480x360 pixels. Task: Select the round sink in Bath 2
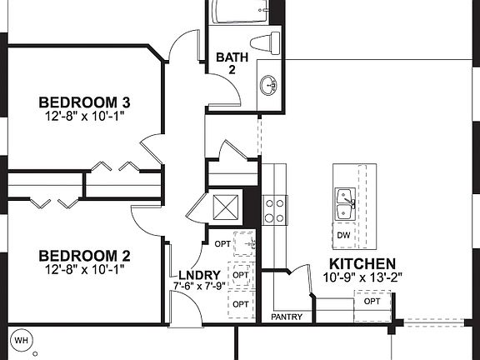pyautogui.click(x=269, y=84)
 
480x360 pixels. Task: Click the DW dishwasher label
pyautogui.click(x=344, y=236)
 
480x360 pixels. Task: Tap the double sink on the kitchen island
pyautogui.click(x=345, y=204)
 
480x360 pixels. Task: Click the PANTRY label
pyautogui.click(x=287, y=317)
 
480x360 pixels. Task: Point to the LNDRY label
pyautogui.click(x=199, y=275)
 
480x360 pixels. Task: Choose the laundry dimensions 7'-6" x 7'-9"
pyautogui.click(x=199, y=286)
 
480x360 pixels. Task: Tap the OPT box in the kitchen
pyautogui.click(x=372, y=302)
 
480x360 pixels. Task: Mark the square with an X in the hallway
pyautogui.click(x=226, y=205)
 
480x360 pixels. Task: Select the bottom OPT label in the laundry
pyautogui.click(x=241, y=303)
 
